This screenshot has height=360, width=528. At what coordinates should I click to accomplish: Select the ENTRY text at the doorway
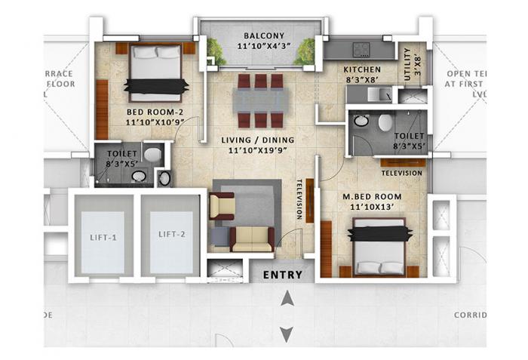tap(282, 275)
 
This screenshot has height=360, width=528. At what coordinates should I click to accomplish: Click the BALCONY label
tap(264, 35)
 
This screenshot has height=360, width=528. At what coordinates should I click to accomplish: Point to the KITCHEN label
tap(358, 69)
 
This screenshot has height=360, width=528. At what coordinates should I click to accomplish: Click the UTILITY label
tap(408, 58)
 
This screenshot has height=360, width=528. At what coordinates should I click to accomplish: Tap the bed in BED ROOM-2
tap(156, 73)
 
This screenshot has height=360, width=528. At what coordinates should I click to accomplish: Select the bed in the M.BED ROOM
tap(381, 248)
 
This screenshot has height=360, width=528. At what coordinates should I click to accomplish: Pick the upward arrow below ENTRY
tap(286, 300)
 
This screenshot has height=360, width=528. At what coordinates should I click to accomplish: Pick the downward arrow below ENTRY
tap(286, 333)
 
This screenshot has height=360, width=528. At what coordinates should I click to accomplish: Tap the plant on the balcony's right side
tap(305, 51)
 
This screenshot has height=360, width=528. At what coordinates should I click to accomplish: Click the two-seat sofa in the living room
tap(252, 238)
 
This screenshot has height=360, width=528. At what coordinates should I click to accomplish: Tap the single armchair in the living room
tap(222, 205)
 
